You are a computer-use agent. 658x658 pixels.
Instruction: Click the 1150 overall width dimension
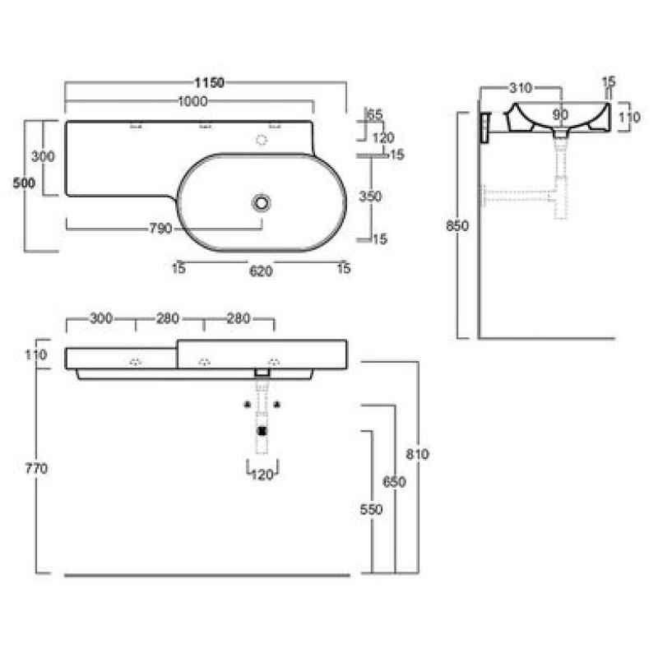click(209, 83)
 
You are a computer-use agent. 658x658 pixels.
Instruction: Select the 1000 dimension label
click(192, 101)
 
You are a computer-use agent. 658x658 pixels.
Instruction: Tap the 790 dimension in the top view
click(160, 229)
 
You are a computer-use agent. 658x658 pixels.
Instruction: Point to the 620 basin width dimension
click(261, 271)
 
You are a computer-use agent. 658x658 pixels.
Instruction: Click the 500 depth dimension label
click(24, 183)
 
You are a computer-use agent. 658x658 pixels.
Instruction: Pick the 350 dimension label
click(370, 196)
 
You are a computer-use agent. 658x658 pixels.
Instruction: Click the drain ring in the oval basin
click(261, 203)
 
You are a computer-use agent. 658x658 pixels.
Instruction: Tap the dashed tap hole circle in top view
click(262, 140)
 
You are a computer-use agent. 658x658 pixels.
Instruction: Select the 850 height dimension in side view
click(457, 225)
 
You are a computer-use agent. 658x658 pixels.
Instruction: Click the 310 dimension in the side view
click(521, 88)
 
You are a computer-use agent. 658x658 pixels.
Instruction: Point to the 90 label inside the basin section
click(560, 114)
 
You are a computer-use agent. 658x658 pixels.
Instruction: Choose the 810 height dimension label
click(417, 454)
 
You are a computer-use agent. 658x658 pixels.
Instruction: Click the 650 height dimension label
click(394, 482)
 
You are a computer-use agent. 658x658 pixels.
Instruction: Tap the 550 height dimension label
click(372, 509)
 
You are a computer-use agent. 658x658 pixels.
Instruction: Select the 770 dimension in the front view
click(36, 468)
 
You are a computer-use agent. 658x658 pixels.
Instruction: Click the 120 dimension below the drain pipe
click(262, 475)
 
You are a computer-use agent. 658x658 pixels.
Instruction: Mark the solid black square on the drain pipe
click(262, 431)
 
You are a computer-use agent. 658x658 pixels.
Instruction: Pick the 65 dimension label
click(375, 114)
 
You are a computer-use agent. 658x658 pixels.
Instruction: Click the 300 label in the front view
click(101, 318)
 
